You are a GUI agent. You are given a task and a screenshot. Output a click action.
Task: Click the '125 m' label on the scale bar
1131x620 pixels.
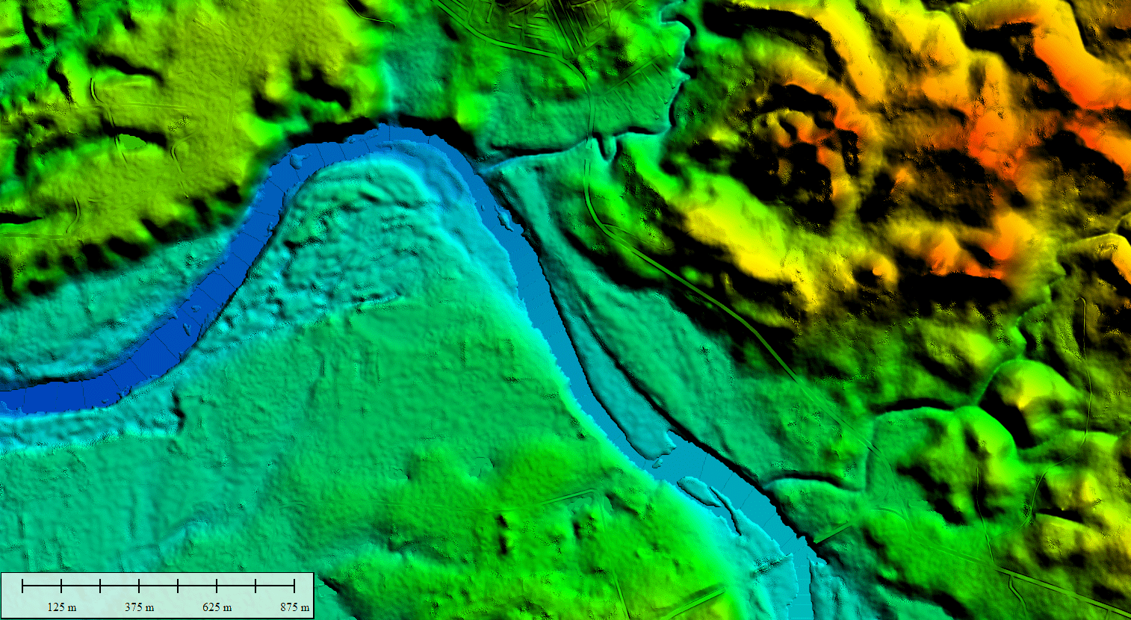[x=62, y=607]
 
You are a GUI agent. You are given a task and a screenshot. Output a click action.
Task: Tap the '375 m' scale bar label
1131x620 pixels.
[x=140, y=607]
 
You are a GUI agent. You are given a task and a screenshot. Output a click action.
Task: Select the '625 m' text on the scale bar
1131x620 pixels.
[x=217, y=607]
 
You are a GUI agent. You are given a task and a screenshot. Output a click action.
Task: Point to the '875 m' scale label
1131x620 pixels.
[x=295, y=607]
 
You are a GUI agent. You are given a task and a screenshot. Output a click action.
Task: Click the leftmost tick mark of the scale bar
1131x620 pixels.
[x=23, y=586]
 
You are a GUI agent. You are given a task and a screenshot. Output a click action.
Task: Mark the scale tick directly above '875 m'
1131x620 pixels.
[x=294, y=586]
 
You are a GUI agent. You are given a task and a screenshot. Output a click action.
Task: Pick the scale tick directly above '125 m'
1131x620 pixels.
[x=62, y=586]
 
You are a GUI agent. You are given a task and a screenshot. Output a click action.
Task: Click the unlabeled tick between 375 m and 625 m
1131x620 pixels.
[x=178, y=586]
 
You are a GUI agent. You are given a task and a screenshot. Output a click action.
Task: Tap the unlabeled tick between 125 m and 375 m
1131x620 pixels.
[x=101, y=586]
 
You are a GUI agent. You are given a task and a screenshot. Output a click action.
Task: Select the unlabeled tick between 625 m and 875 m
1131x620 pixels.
[x=255, y=586]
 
